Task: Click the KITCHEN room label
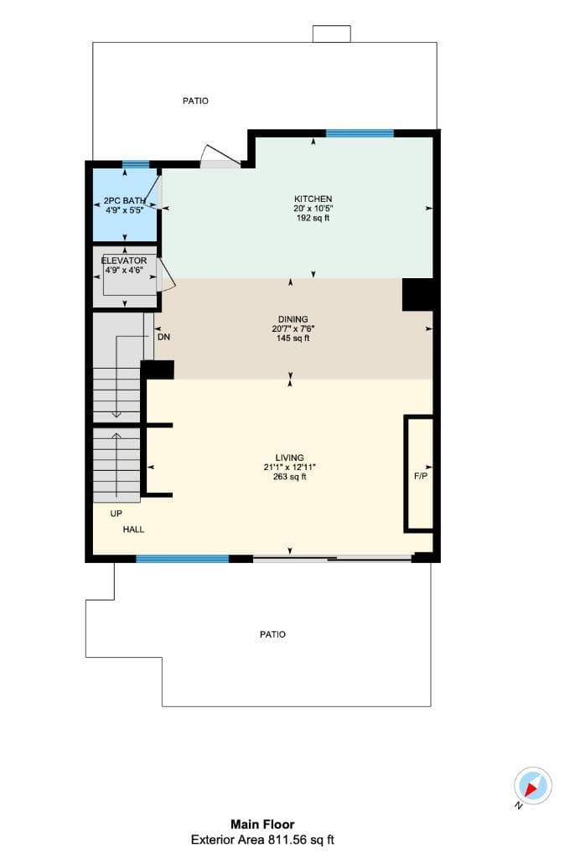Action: pyautogui.click(x=313, y=199)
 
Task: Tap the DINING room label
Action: pyautogui.click(x=293, y=319)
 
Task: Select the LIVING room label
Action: pyautogui.click(x=290, y=457)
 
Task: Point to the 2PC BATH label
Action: pyautogui.click(x=125, y=201)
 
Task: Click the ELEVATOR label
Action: pyautogui.click(x=124, y=261)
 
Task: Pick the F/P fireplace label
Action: pyautogui.click(x=421, y=476)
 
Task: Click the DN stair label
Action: pyautogui.click(x=163, y=337)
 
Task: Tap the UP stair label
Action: pyautogui.click(x=117, y=514)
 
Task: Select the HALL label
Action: pyautogui.click(x=133, y=530)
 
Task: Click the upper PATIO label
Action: pyautogui.click(x=195, y=101)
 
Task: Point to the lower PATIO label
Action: pyautogui.click(x=272, y=634)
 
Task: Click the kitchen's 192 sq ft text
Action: pyautogui.click(x=313, y=218)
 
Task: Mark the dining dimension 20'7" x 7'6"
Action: pyautogui.click(x=293, y=328)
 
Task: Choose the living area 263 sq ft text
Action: pyautogui.click(x=290, y=477)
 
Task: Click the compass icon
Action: pyautogui.click(x=532, y=786)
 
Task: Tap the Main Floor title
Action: pyautogui.click(x=262, y=824)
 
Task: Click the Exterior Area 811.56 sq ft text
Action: pyautogui.click(x=262, y=840)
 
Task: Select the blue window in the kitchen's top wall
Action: pyautogui.click(x=360, y=133)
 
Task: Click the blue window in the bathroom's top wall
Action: pyautogui.click(x=136, y=164)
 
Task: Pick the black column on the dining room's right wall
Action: pyautogui.click(x=419, y=294)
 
